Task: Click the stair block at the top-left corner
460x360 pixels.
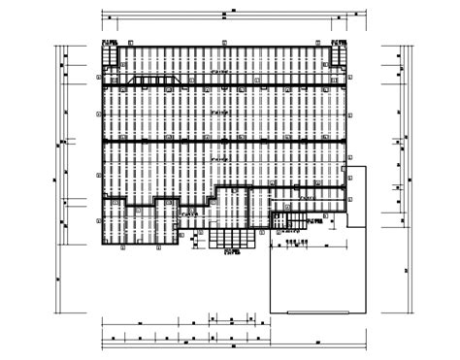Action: click(109, 55)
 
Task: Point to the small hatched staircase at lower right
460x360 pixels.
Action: click(281, 223)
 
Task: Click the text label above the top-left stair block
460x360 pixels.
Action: click(109, 43)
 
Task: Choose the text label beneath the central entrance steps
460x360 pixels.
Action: click(233, 251)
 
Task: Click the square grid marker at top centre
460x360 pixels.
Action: click(223, 44)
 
